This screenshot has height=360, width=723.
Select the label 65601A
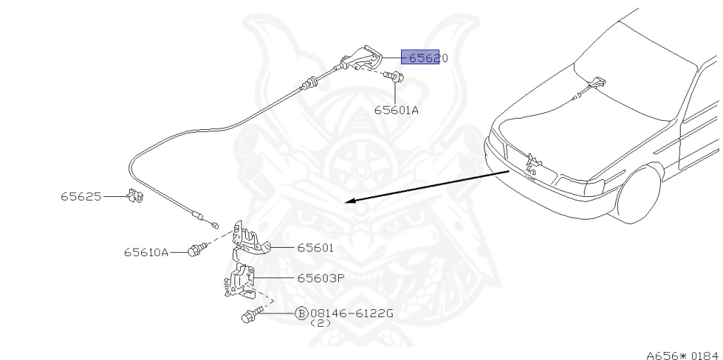396,109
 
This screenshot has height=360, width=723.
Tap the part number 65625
80,196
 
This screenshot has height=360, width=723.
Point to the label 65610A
146,252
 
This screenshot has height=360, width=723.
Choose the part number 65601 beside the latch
315,248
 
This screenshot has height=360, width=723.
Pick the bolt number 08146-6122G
351,313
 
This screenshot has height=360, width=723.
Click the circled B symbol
301,313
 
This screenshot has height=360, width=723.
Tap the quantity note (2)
321,323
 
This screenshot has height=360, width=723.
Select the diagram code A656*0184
682,355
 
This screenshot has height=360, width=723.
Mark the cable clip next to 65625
134,196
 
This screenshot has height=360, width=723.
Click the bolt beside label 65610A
196,249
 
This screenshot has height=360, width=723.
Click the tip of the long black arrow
347,202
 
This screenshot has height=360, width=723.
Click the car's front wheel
639,192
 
